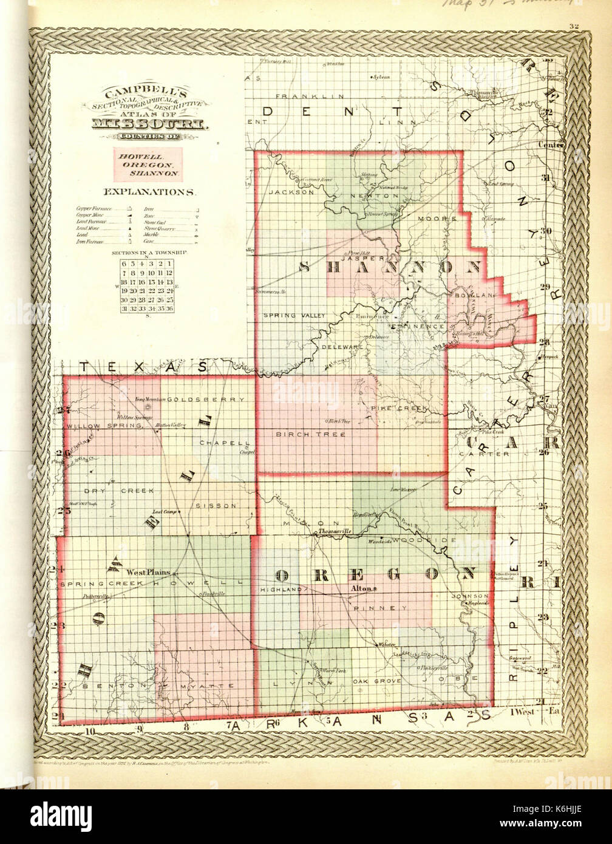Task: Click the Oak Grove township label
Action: pyautogui.click(x=376, y=682)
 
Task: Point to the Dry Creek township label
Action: pyautogui.click(x=119, y=490)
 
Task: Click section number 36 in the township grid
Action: pyautogui.click(x=170, y=309)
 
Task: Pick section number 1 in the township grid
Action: pyautogui.click(x=170, y=263)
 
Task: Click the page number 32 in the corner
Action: pyautogui.click(x=574, y=26)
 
